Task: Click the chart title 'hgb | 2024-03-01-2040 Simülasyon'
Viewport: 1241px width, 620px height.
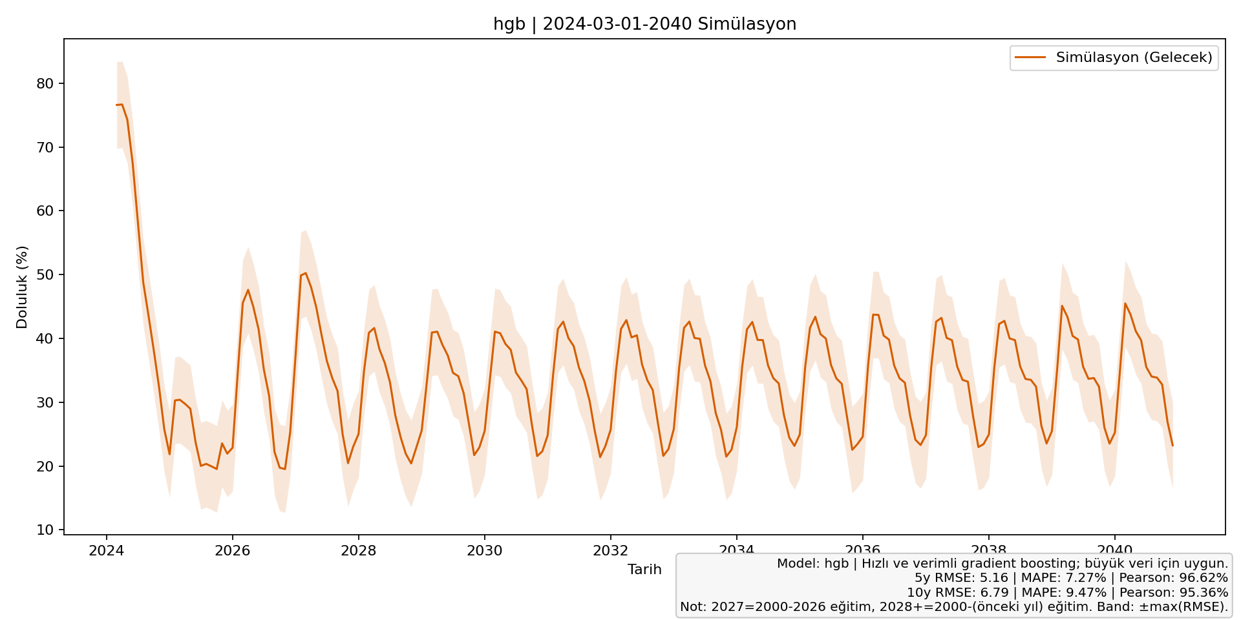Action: (644, 25)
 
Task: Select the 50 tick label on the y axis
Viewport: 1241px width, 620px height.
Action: (45, 275)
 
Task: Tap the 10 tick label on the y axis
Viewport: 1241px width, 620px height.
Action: (45, 530)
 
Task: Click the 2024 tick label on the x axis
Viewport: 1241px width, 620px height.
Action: (106, 551)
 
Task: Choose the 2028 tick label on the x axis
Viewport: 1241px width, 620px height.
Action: (358, 551)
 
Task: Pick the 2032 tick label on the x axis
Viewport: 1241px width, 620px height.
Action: (610, 551)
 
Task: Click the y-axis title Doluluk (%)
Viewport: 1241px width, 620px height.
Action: (22, 287)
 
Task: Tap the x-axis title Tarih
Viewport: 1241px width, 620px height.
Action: (644, 570)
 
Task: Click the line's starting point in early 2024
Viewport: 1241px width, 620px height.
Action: (117, 105)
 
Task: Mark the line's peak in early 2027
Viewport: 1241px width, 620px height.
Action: (306, 273)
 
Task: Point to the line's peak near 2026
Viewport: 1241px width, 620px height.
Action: (248, 290)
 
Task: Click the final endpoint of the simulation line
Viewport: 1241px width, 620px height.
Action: (1172, 446)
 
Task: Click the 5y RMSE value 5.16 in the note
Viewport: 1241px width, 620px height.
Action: (994, 578)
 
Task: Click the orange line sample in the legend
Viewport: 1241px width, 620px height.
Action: (1030, 57)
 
